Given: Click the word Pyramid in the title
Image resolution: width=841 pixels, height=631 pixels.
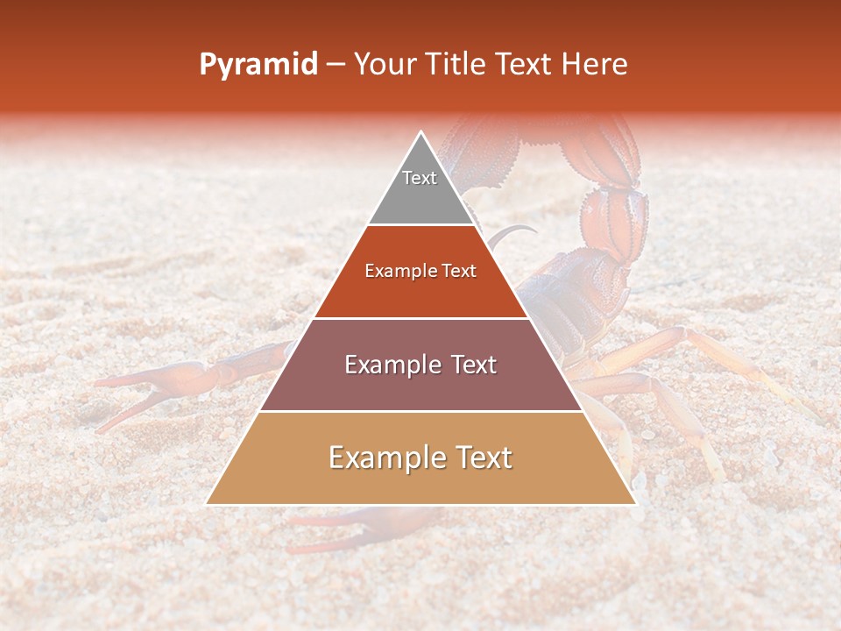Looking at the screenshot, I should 258,65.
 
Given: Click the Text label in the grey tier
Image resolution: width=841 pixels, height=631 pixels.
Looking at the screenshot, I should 420,178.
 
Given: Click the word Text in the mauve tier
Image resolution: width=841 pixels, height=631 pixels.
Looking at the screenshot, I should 471,365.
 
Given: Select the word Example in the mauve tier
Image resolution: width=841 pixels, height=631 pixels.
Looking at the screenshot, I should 392,365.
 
